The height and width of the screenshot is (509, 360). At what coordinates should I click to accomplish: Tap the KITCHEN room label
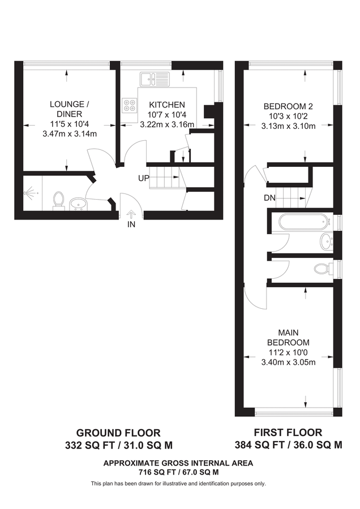coord(167,105)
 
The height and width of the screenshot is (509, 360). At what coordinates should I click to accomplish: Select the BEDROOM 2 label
coord(288,106)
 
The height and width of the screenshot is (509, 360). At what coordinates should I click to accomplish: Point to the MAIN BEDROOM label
coord(288,338)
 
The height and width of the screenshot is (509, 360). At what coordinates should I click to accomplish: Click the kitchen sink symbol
coord(155,79)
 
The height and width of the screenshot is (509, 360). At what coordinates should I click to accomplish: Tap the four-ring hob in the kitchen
coord(130,105)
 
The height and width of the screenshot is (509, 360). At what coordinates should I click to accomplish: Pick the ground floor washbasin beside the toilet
coord(78,204)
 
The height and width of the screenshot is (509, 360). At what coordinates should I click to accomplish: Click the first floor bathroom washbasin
coord(327,242)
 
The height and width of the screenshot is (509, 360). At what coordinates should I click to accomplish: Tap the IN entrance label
coord(131,224)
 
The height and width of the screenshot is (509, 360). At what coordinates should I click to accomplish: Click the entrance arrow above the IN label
coord(131,214)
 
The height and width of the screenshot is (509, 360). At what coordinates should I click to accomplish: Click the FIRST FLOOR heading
coord(288,433)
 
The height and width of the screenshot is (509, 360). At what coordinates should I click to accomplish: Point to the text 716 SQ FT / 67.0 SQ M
coord(178,472)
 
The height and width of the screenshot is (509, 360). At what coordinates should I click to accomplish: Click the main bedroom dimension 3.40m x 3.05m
coord(288,363)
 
